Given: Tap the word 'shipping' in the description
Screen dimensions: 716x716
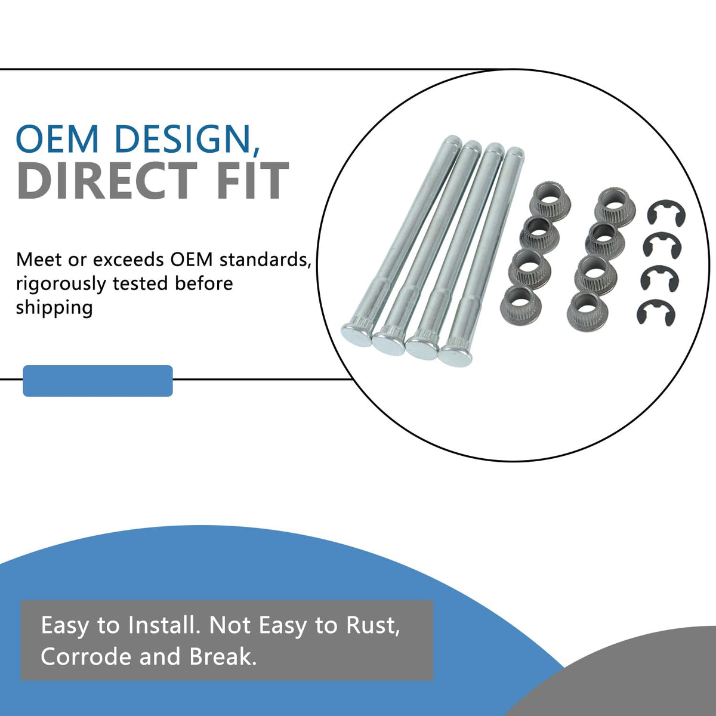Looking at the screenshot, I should coord(54,308).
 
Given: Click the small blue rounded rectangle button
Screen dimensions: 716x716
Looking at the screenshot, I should coord(98,381).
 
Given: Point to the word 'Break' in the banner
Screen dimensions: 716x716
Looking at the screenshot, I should coord(223,656).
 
